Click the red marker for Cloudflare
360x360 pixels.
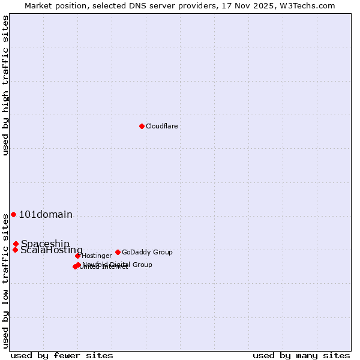[142, 126]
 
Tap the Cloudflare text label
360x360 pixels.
[161, 126]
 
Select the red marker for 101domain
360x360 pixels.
[13, 214]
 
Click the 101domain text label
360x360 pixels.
[46, 215]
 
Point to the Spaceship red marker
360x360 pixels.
[16, 244]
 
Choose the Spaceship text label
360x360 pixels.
[45, 244]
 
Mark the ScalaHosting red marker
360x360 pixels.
[15, 250]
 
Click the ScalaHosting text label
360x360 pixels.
[52, 250]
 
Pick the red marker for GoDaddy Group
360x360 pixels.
[118, 252]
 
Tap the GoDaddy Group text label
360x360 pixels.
[147, 252]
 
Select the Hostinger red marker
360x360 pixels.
[77, 256]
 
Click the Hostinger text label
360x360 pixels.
[97, 256]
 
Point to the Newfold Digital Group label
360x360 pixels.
[117, 265]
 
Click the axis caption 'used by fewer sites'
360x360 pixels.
[62, 355]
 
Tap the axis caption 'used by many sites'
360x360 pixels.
[301, 355]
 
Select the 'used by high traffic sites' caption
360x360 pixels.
[5, 85]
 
